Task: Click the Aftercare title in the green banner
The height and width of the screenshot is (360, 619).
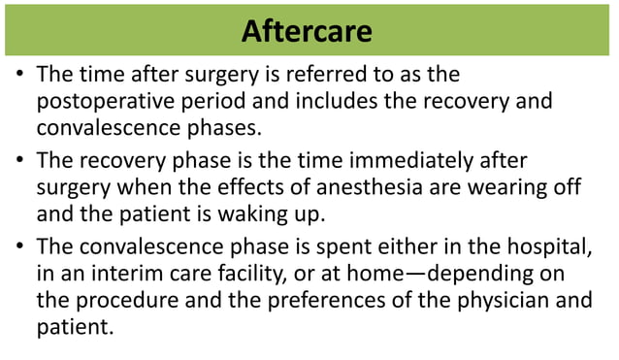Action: tap(307, 31)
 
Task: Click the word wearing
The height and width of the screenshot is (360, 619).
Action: tap(516, 187)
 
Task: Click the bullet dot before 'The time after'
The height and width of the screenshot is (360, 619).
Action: tap(20, 76)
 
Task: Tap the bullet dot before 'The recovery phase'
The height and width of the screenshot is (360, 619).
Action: tap(20, 161)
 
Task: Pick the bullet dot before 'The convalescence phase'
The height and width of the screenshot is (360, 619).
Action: tap(20, 246)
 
